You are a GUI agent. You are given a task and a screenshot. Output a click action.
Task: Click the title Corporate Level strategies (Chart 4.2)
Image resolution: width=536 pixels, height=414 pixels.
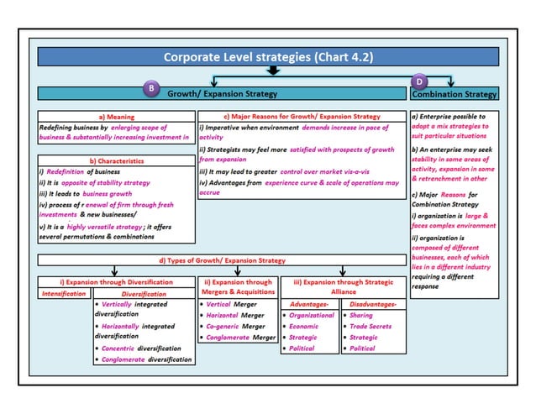[269, 57]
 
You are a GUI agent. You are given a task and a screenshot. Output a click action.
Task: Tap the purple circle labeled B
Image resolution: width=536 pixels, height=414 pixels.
[150, 88]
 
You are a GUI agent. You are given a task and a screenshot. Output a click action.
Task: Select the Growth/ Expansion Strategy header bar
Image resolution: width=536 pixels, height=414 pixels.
[222, 94]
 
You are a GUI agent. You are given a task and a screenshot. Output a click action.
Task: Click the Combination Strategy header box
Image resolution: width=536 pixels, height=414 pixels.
[455, 94]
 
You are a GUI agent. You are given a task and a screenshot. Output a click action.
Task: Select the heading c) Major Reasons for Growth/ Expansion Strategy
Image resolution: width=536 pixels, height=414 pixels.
[302, 116]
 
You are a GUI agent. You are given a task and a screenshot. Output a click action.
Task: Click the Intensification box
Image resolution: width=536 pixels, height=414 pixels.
[64, 294]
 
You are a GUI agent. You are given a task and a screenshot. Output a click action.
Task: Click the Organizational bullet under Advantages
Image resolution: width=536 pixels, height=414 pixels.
[311, 315]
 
